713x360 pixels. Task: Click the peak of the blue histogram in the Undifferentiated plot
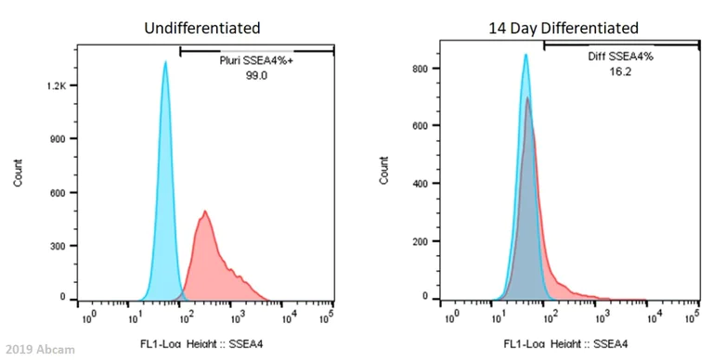[165, 63]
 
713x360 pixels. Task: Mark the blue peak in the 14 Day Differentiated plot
[525, 55]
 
